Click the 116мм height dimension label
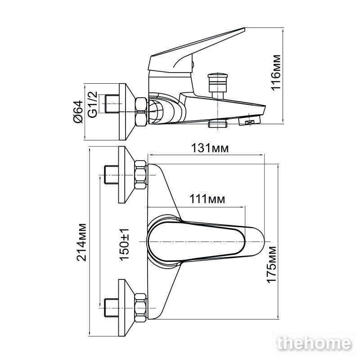276,72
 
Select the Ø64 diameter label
78,112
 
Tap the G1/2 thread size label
93,105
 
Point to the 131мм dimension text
210,148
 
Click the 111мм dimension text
207,199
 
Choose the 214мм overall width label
81,242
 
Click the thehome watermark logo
314,343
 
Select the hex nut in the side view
141,112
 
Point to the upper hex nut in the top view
140,175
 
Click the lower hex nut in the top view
140,308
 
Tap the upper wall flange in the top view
126,175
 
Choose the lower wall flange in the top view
126,308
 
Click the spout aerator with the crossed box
250,121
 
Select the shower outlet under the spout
218,124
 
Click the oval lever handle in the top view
206,242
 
